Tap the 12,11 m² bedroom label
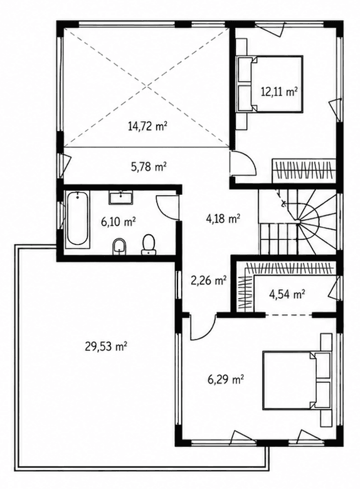tap(278, 92)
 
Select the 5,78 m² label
tap(148, 166)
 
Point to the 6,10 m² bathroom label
tap(118, 222)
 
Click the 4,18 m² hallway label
tap(223, 218)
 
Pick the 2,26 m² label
tap(208, 281)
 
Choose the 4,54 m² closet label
tap(287, 294)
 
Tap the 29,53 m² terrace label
tap(105, 346)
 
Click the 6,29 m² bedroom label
tap(226, 380)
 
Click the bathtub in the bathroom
tap(77, 219)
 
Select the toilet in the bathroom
tap(149, 245)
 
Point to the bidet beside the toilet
tap(119, 247)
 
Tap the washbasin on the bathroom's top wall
tap(121, 198)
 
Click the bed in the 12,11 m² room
tap(270, 83)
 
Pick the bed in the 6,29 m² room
tap(297, 380)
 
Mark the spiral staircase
tap(297, 222)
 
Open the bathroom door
tap(167, 207)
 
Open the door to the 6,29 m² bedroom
tap(203, 328)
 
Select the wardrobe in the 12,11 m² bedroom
tap(304, 171)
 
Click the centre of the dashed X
tap(147, 87)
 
